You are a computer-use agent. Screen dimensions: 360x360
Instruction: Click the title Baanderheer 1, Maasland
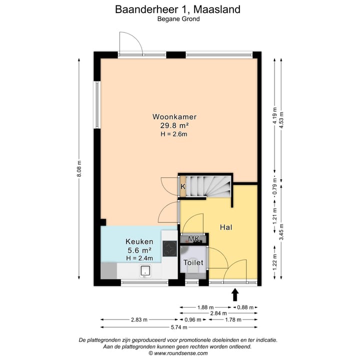pos(178,9)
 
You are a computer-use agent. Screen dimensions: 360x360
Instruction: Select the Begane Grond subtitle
pos(178,19)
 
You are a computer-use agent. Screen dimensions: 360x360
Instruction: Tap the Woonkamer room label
pos(171,116)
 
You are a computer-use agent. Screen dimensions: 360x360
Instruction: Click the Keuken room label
pos(138,241)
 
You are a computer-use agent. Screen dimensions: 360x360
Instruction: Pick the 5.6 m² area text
pos(138,250)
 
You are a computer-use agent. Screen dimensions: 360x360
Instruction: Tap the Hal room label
pos(226,226)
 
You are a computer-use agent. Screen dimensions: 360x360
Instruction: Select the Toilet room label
pos(192,262)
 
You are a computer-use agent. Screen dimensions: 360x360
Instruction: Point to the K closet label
pos(183,186)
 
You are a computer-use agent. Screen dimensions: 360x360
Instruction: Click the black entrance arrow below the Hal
pos(235,295)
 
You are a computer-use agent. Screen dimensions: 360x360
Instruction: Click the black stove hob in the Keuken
pos(170,248)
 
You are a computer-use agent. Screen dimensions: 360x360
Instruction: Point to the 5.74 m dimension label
pos(179,327)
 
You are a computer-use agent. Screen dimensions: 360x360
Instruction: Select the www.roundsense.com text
pos(181,353)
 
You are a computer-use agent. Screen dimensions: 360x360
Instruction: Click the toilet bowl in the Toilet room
pos(193,270)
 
